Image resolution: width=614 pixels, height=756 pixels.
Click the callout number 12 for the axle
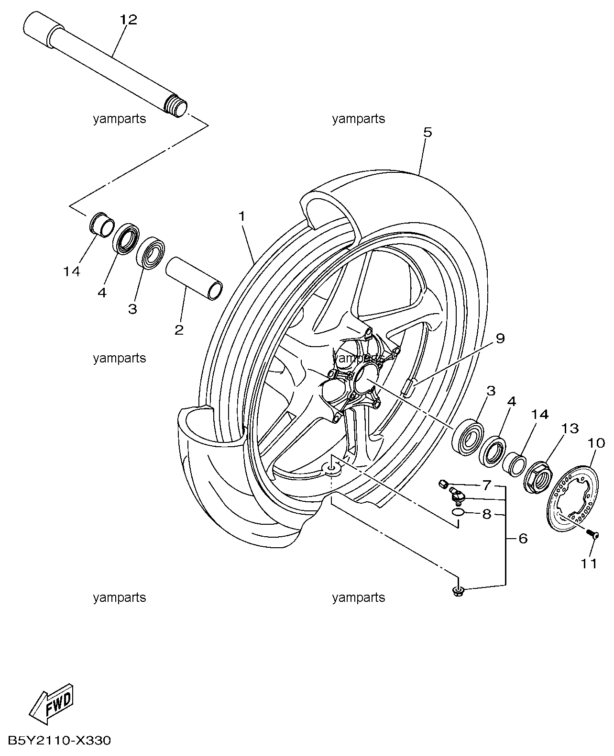pos(128,20)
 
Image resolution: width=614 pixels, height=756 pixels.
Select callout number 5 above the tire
pos(428,132)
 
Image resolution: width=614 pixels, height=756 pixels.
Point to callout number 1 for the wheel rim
pos(242,216)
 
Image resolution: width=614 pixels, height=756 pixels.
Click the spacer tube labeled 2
pos(194,279)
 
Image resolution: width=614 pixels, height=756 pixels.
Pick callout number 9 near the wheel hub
pos(500,338)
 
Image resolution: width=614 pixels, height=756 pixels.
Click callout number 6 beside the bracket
pos(523,539)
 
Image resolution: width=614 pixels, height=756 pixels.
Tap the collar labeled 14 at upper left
pos(101,224)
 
